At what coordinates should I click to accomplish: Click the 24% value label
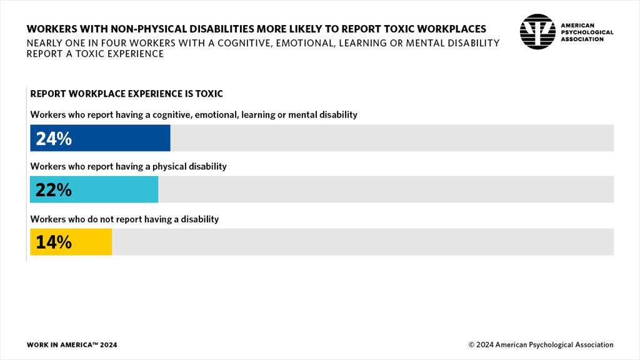pos(54,139)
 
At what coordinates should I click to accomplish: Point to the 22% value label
pos(54,190)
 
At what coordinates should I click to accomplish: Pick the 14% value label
pos(54,242)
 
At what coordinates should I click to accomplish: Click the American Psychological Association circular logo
pos(537,31)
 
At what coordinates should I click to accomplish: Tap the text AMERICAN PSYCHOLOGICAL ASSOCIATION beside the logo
pos(586,32)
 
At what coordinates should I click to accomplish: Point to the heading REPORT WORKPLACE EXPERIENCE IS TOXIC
pos(126,94)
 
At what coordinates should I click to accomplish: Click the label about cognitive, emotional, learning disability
pos(194,114)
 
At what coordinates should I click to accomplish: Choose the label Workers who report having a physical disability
pos(128,167)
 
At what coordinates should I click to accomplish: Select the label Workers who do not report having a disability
pos(124,219)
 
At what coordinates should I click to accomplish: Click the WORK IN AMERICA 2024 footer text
pos(72,345)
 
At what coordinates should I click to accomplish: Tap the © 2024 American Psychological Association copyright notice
pos(541,345)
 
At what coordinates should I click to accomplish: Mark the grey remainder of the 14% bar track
pos(362,242)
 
